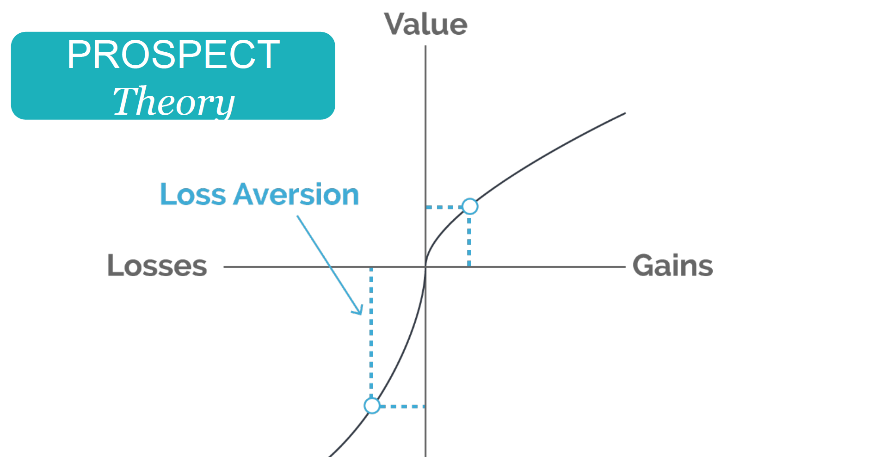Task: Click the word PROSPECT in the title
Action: [173, 55]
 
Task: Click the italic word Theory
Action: [174, 102]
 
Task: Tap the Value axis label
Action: [425, 24]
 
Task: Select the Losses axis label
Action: [157, 266]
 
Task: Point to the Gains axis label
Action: [673, 266]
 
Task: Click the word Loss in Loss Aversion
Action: [193, 194]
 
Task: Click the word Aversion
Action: [296, 194]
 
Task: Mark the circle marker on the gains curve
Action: [470, 206]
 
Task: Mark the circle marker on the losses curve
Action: [372, 406]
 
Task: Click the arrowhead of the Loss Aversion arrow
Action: [359, 310]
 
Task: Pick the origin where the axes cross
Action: [425, 267]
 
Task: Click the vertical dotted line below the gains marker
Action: [469, 241]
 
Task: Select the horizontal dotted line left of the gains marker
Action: [443, 207]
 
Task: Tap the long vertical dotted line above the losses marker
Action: [371, 332]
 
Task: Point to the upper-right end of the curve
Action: [625, 113]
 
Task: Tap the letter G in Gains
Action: [644, 266]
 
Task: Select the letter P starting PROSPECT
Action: [79, 55]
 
